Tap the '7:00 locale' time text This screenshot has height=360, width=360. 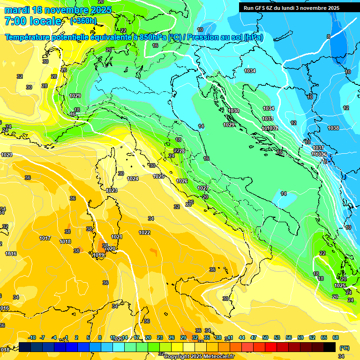33,21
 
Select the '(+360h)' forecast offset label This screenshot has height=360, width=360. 83,21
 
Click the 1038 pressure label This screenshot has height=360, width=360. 333,128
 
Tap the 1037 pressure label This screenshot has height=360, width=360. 318,148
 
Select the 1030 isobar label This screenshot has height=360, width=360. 233,111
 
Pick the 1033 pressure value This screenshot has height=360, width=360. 268,119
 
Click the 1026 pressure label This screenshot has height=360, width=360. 182,181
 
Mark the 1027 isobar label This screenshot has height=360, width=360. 202,187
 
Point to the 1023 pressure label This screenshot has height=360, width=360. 112,190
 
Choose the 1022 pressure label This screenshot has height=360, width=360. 144,232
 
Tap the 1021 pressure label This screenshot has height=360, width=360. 117,237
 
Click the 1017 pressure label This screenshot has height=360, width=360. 45,238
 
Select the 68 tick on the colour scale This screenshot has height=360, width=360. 336,337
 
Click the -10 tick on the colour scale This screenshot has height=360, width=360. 32,337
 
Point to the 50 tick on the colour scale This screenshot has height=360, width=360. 265,337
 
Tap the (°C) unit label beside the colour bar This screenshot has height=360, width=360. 344,347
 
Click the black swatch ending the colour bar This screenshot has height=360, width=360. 330,347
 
